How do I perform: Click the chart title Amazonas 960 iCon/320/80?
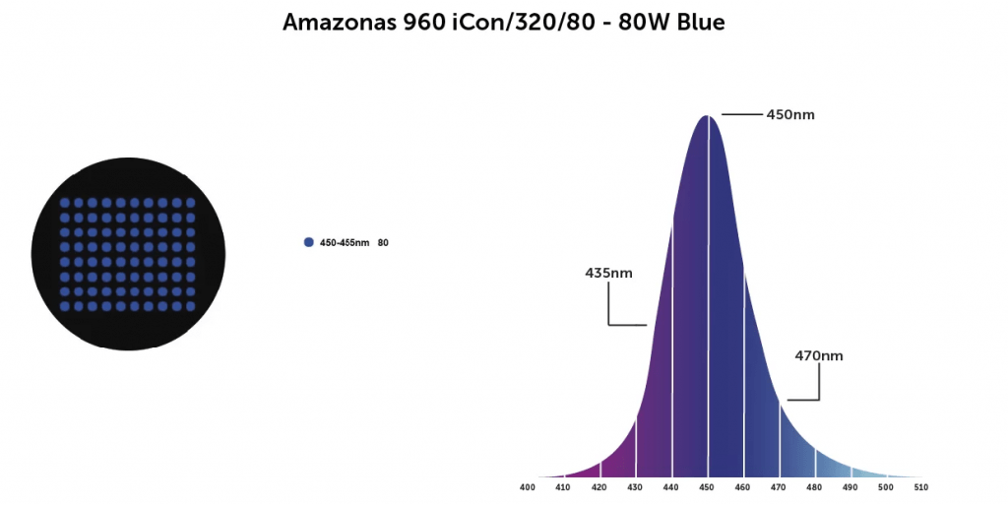[503, 22]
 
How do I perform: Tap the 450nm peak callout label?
[790, 114]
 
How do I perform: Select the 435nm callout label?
[609, 273]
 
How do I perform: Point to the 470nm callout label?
[819, 355]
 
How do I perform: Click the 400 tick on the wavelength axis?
[528, 486]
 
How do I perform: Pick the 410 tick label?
[563, 486]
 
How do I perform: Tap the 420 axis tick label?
[599, 486]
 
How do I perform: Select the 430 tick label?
[635, 486]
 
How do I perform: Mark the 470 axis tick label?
[779, 486]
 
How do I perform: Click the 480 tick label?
[814, 486]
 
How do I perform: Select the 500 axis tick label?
[886, 486]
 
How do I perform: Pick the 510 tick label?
[921, 486]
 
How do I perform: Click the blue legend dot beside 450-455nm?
[309, 242]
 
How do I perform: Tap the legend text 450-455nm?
[344, 242]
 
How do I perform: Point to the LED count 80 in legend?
[383, 242]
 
